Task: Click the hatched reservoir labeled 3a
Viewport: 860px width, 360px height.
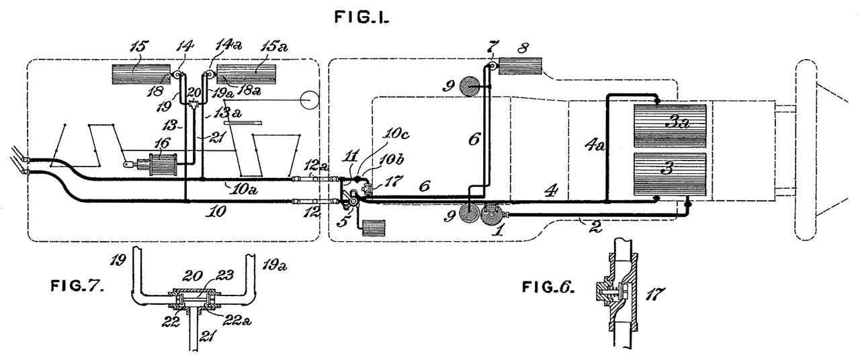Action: tap(671, 126)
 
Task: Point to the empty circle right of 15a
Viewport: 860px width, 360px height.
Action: tap(308, 101)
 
